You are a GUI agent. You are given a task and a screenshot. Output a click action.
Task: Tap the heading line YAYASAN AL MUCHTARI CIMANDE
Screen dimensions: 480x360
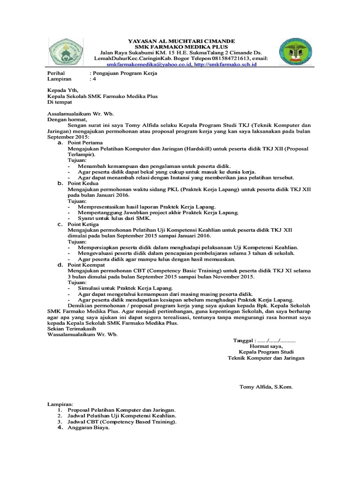tap(182, 41)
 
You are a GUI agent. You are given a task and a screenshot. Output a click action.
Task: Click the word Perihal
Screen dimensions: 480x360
tap(57, 74)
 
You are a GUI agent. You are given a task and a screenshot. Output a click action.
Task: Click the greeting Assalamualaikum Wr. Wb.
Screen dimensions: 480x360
tap(81, 113)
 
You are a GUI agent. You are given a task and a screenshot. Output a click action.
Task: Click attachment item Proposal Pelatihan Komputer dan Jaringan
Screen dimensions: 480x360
tap(122, 410)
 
